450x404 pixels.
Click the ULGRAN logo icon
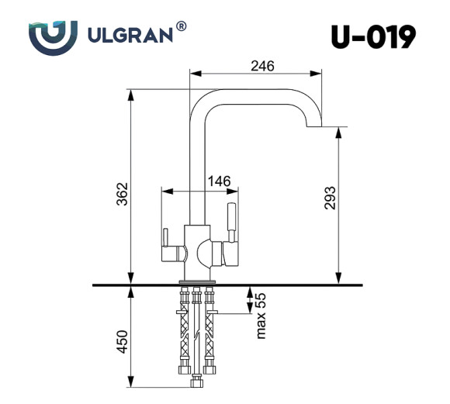53,36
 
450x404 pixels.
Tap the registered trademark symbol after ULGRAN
181,26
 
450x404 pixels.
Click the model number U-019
372,36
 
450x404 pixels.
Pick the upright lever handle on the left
164,244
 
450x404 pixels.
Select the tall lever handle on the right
230,220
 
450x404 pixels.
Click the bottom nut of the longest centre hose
196,382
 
